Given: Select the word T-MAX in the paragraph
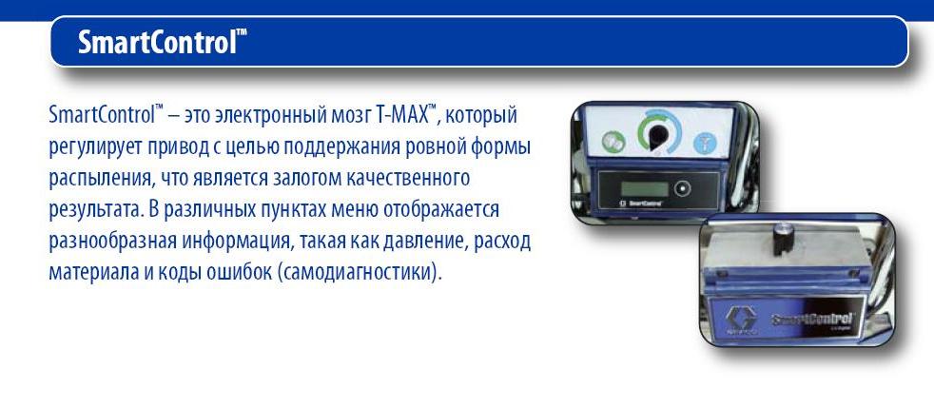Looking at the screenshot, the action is pyautogui.click(x=402, y=115).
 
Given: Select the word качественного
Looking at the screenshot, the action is pyautogui.click(x=411, y=179).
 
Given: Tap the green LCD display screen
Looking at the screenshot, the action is pyautogui.click(x=645, y=189).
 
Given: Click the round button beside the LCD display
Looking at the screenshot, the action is pyautogui.click(x=680, y=189).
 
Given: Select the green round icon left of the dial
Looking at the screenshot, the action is pyautogui.click(x=613, y=142).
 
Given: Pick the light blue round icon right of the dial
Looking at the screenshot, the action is pyautogui.click(x=705, y=143).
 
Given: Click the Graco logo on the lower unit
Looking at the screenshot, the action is pyautogui.click(x=740, y=320).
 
